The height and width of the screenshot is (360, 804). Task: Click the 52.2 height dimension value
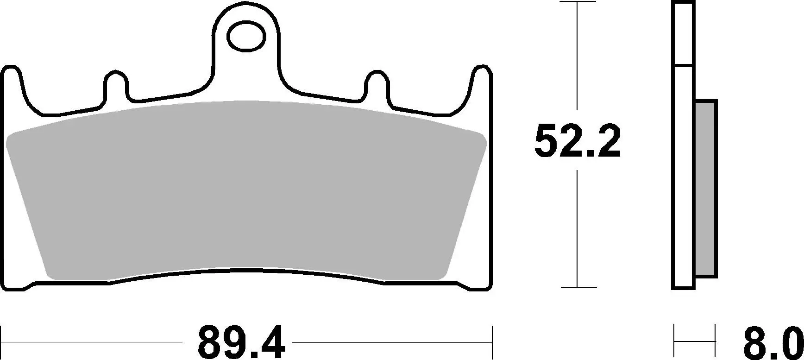click(x=577, y=140)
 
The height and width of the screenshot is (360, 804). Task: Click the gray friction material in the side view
click(x=706, y=189)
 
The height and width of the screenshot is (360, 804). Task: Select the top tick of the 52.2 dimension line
click(x=577, y=2)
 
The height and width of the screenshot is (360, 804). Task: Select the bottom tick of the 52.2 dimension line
click(x=577, y=287)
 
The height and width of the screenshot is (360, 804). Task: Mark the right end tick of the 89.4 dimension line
click(x=492, y=342)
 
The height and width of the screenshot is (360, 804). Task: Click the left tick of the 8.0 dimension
click(x=674, y=342)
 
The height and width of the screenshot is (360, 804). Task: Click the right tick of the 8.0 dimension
click(x=716, y=342)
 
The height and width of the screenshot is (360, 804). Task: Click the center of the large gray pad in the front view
click(x=246, y=190)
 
